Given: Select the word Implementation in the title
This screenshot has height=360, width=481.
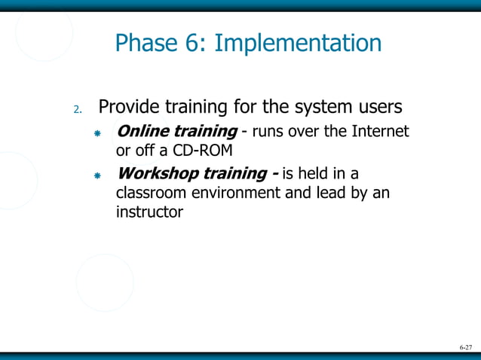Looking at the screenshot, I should pos(298,44).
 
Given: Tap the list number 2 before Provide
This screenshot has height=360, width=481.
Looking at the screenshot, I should pos(77,110).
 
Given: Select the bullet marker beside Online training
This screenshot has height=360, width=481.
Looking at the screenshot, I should pos(97,134).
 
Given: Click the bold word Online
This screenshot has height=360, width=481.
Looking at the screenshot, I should pos(143,133).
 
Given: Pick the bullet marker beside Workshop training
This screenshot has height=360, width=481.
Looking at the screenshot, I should pos(97,175).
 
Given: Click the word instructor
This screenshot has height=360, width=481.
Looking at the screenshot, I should pos(149,212).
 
